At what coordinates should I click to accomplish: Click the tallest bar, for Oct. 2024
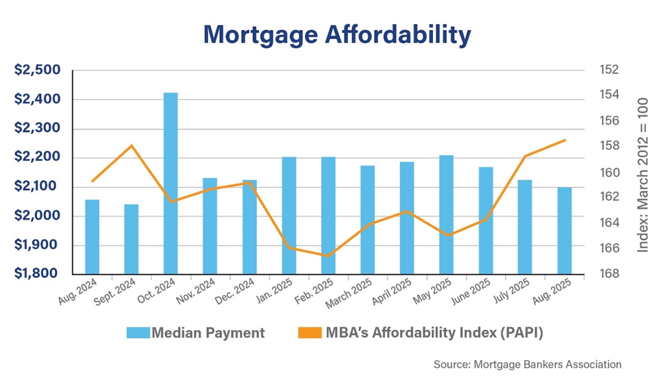pos(171,183)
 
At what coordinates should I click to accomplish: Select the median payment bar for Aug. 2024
pos(92,237)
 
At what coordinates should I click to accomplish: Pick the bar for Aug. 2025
pos(565,231)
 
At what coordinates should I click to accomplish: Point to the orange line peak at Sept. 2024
pos(132,146)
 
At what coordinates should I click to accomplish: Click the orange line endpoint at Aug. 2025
pos(565,140)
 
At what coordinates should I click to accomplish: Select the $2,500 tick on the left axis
pos(38,70)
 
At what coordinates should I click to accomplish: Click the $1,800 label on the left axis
pos(38,274)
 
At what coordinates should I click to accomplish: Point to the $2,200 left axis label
pos(38,157)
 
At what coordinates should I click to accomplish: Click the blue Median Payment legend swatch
pos(136,333)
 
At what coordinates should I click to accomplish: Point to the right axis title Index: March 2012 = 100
pos(642,175)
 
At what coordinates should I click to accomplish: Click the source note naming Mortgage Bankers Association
pos(528,365)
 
